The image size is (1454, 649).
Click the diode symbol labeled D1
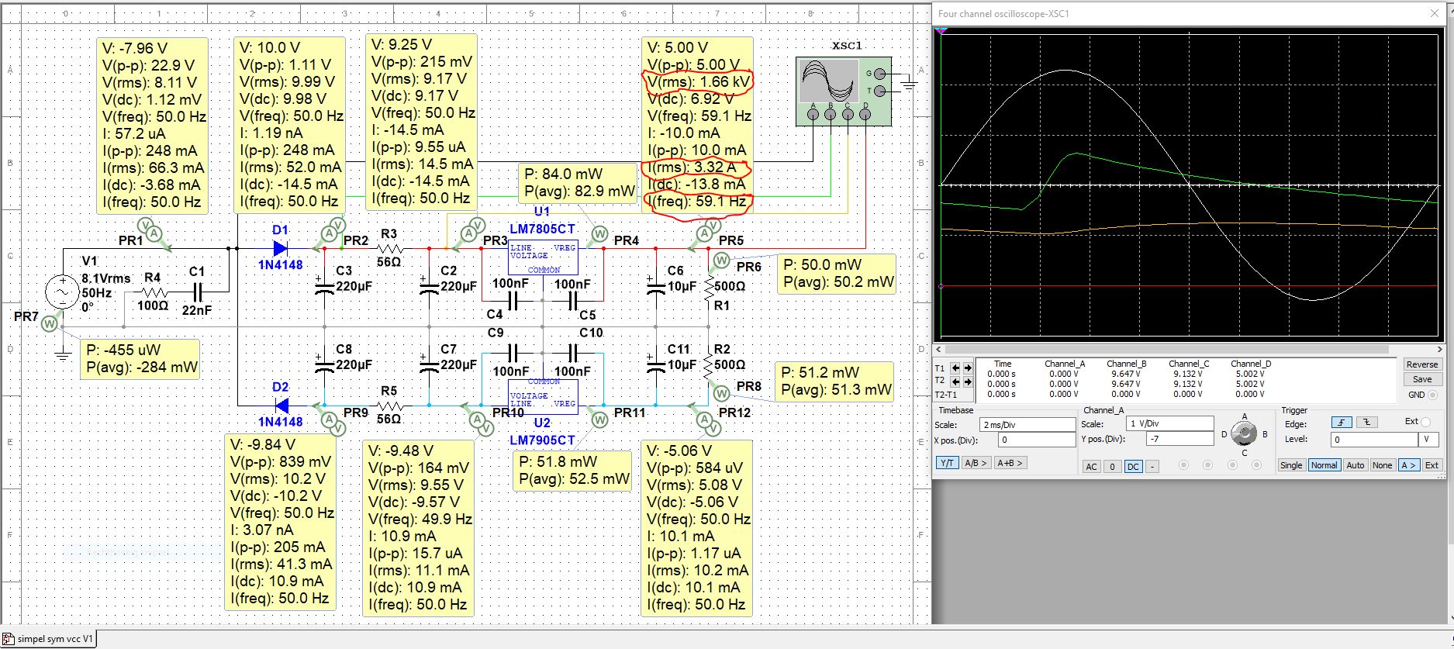[x=281, y=248]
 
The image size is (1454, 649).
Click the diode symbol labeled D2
[x=281, y=406]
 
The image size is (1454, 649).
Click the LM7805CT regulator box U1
[x=543, y=257]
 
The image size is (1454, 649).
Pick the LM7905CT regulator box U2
[x=543, y=395]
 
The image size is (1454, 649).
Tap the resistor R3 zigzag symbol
[x=389, y=248]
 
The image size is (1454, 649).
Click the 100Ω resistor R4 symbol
[x=153, y=292]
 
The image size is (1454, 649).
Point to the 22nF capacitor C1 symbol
[x=197, y=292]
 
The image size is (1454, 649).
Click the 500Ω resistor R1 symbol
[x=708, y=286]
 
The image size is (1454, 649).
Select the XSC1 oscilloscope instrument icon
[x=844, y=91]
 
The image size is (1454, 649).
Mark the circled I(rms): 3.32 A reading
[x=696, y=167]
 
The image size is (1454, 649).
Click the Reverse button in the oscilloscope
[x=1421, y=364]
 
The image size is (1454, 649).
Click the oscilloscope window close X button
[x=1434, y=13]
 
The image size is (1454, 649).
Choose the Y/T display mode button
[x=947, y=463]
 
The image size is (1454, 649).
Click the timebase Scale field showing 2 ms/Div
[x=1027, y=425]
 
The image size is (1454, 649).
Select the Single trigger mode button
[x=1291, y=465]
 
